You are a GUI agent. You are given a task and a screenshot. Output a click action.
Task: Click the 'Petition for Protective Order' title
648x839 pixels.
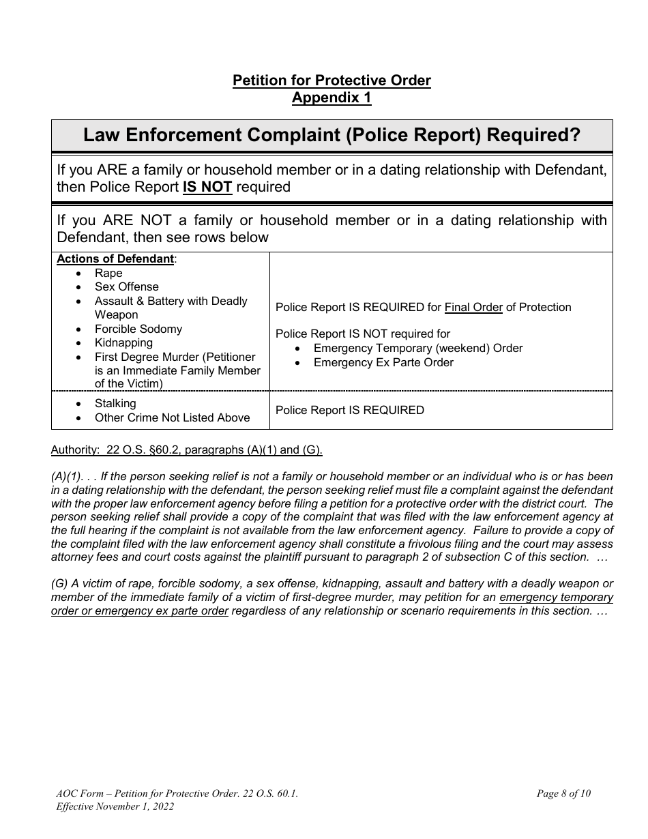(x=332, y=80)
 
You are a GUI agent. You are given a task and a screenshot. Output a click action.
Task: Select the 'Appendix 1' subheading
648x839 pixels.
(x=332, y=98)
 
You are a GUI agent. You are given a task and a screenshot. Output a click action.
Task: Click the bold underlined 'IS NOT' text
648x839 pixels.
(x=207, y=187)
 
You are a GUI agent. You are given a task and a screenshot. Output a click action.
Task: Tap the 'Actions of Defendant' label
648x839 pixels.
(x=115, y=259)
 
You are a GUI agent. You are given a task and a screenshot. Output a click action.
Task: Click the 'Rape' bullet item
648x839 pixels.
(x=108, y=273)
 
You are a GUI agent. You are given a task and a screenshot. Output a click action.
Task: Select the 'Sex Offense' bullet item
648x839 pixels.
(x=126, y=287)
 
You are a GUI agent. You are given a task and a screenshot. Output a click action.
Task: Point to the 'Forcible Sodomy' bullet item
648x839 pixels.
(x=138, y=329)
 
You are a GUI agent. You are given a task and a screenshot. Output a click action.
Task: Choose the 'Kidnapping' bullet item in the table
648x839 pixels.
(x=123, y=343)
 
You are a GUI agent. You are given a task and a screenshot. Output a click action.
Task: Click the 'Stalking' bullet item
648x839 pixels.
(x=115, y=404)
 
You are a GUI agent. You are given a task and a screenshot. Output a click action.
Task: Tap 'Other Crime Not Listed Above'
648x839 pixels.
(x=172, y=417)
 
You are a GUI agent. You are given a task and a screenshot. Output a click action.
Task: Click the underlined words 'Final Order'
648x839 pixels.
(x=473, y=308)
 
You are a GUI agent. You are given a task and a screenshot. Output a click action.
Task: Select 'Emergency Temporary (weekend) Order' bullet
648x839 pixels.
(x=417, y=349)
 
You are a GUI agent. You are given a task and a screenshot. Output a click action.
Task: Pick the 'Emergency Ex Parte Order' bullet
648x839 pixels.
(x=383, y=362)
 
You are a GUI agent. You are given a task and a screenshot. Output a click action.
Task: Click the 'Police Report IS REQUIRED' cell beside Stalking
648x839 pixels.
(x=349, y=410)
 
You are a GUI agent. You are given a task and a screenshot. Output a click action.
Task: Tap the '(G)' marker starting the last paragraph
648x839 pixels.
(x=60, y=584)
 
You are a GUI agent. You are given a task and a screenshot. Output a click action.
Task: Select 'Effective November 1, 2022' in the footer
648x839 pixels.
(x=115, y=806)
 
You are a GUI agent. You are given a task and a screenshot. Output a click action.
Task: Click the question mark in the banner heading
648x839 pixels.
(x=574, y=135)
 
